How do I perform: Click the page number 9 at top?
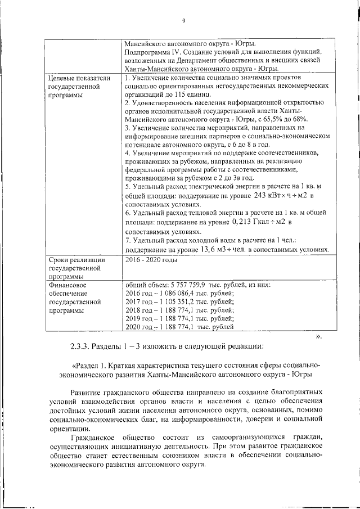(183, 21)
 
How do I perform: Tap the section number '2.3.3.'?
(75, 345)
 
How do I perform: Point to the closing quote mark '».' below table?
(318, 336)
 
